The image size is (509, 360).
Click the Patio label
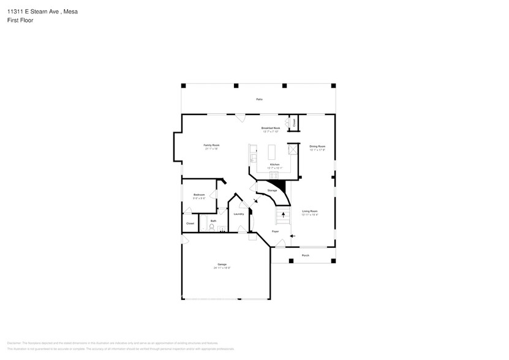(259, 99)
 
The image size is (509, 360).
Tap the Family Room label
(211, 145)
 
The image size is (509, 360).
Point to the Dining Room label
(317, 146)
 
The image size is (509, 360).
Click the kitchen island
(272, 151)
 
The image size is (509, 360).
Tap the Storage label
(272, 190)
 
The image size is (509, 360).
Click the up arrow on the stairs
(282, 214)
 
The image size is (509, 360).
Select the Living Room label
(310, 211)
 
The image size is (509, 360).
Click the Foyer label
(276, 231)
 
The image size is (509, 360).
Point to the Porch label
(305, 255)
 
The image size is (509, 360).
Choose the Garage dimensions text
(222, 268)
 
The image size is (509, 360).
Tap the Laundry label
(239, 214)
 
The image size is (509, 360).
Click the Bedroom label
(199, 195)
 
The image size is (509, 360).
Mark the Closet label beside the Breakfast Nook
(294, 122)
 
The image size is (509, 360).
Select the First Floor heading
(20, 20)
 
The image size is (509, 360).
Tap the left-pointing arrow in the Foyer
(292, 236)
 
